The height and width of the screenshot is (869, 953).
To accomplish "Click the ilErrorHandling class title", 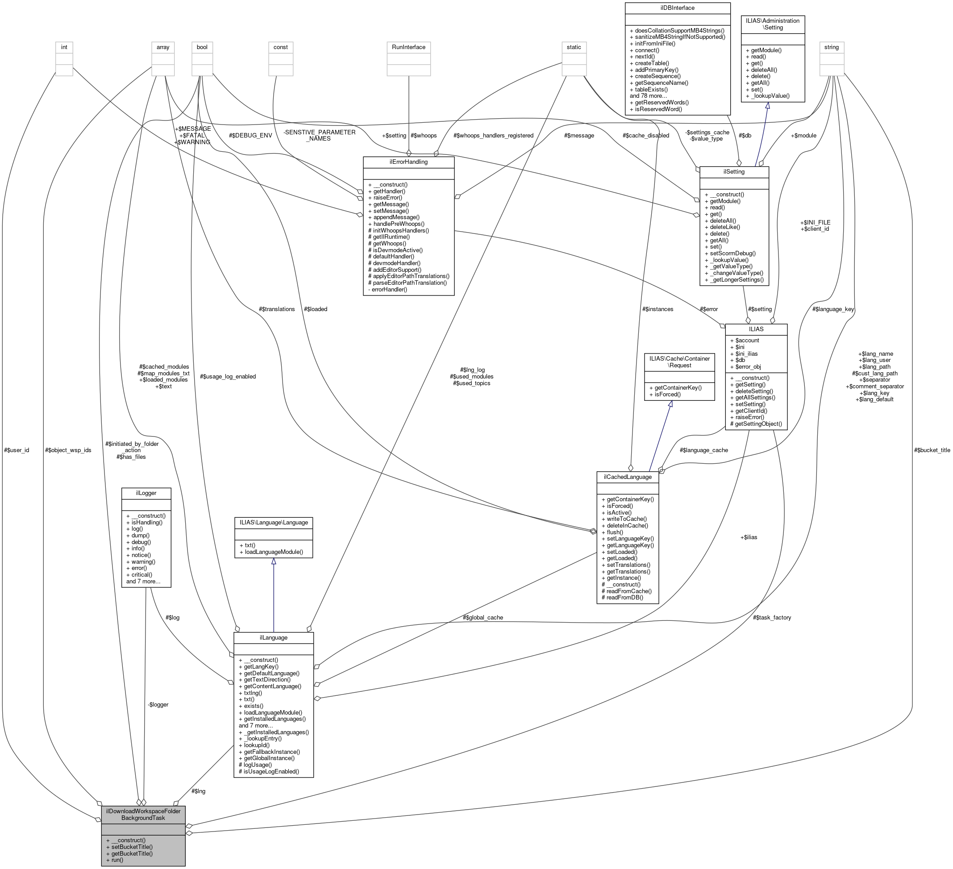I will point(408,162).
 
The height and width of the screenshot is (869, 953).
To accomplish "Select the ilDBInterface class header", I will point(678,8).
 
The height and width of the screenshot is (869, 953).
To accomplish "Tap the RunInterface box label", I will point(408,47).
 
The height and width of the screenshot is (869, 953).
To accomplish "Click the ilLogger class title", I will point(146,493).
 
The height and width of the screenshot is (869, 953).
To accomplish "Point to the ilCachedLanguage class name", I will point(627,477).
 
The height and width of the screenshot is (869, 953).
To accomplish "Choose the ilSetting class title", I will point(734,172).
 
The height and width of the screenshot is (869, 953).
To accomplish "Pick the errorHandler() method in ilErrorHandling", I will point(387,289).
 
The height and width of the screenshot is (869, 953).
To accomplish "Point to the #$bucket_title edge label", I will point(932,450).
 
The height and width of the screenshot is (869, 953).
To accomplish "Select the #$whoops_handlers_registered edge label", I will point(493,136).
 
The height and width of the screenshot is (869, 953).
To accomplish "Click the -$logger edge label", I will point(158,704).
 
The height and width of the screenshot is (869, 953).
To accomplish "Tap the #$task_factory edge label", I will point(772,617).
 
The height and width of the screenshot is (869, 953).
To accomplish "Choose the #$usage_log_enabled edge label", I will point(228,377).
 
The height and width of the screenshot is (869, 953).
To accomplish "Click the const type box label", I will point(281,47).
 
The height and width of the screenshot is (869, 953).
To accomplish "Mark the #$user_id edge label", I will point(17,450).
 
